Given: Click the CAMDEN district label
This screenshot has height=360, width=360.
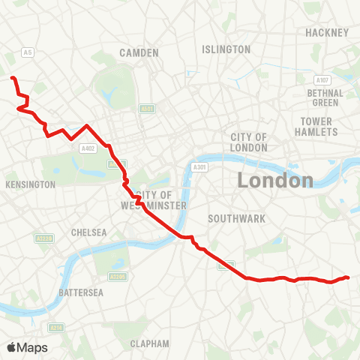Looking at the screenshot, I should pos(139,52).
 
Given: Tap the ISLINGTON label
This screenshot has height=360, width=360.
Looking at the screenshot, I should pos(226,49).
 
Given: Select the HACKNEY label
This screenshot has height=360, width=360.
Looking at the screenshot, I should pos(327,33).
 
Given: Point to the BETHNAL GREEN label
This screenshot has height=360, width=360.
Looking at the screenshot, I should pos(325,97).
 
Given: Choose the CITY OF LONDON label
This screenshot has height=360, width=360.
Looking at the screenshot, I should pos(249,142).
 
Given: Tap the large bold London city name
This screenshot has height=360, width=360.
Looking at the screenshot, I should pos(274,180).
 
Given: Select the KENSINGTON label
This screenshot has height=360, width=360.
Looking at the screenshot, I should pos(30,184).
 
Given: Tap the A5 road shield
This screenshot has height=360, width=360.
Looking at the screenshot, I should pos(28,52).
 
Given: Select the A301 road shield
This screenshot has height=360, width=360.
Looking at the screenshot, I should pos(199,167).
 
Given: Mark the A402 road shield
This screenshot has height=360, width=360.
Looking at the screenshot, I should pos(87,148).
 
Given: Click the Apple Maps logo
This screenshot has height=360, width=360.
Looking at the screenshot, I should pos(26,347).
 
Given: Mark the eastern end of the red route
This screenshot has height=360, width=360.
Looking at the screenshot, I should pos(348,277).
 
